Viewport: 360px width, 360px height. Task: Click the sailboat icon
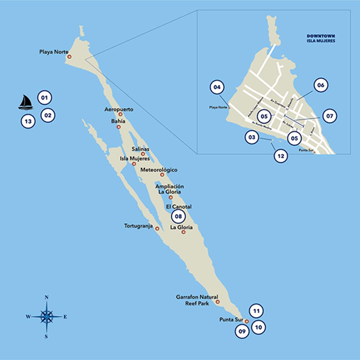(26, 102)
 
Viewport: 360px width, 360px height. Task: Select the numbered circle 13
(28, 121)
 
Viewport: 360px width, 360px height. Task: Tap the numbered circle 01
(44, 97)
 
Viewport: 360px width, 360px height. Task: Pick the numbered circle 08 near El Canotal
(178, 216)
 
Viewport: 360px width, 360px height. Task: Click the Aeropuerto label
(119, 109)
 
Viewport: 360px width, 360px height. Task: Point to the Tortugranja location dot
(157, 229)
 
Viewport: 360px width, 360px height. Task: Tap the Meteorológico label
(159, 170)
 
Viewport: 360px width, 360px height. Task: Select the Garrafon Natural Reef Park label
(197, 300)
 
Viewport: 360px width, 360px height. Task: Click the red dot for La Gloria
(183, 232)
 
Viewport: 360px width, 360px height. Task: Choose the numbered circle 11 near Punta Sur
(256, 311)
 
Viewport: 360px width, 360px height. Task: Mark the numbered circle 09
(242, 331)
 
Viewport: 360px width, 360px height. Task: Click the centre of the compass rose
(46, 316)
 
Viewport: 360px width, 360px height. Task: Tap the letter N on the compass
(46, 298)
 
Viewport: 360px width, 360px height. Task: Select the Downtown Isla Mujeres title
(321, 38)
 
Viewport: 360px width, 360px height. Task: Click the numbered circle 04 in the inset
(217, 87)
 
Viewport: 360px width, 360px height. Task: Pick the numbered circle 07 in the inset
(329, 116)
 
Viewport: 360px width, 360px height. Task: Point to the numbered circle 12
(281, 156)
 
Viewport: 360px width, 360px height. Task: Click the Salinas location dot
(143, 154)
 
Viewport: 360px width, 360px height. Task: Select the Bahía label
(118, 121)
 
